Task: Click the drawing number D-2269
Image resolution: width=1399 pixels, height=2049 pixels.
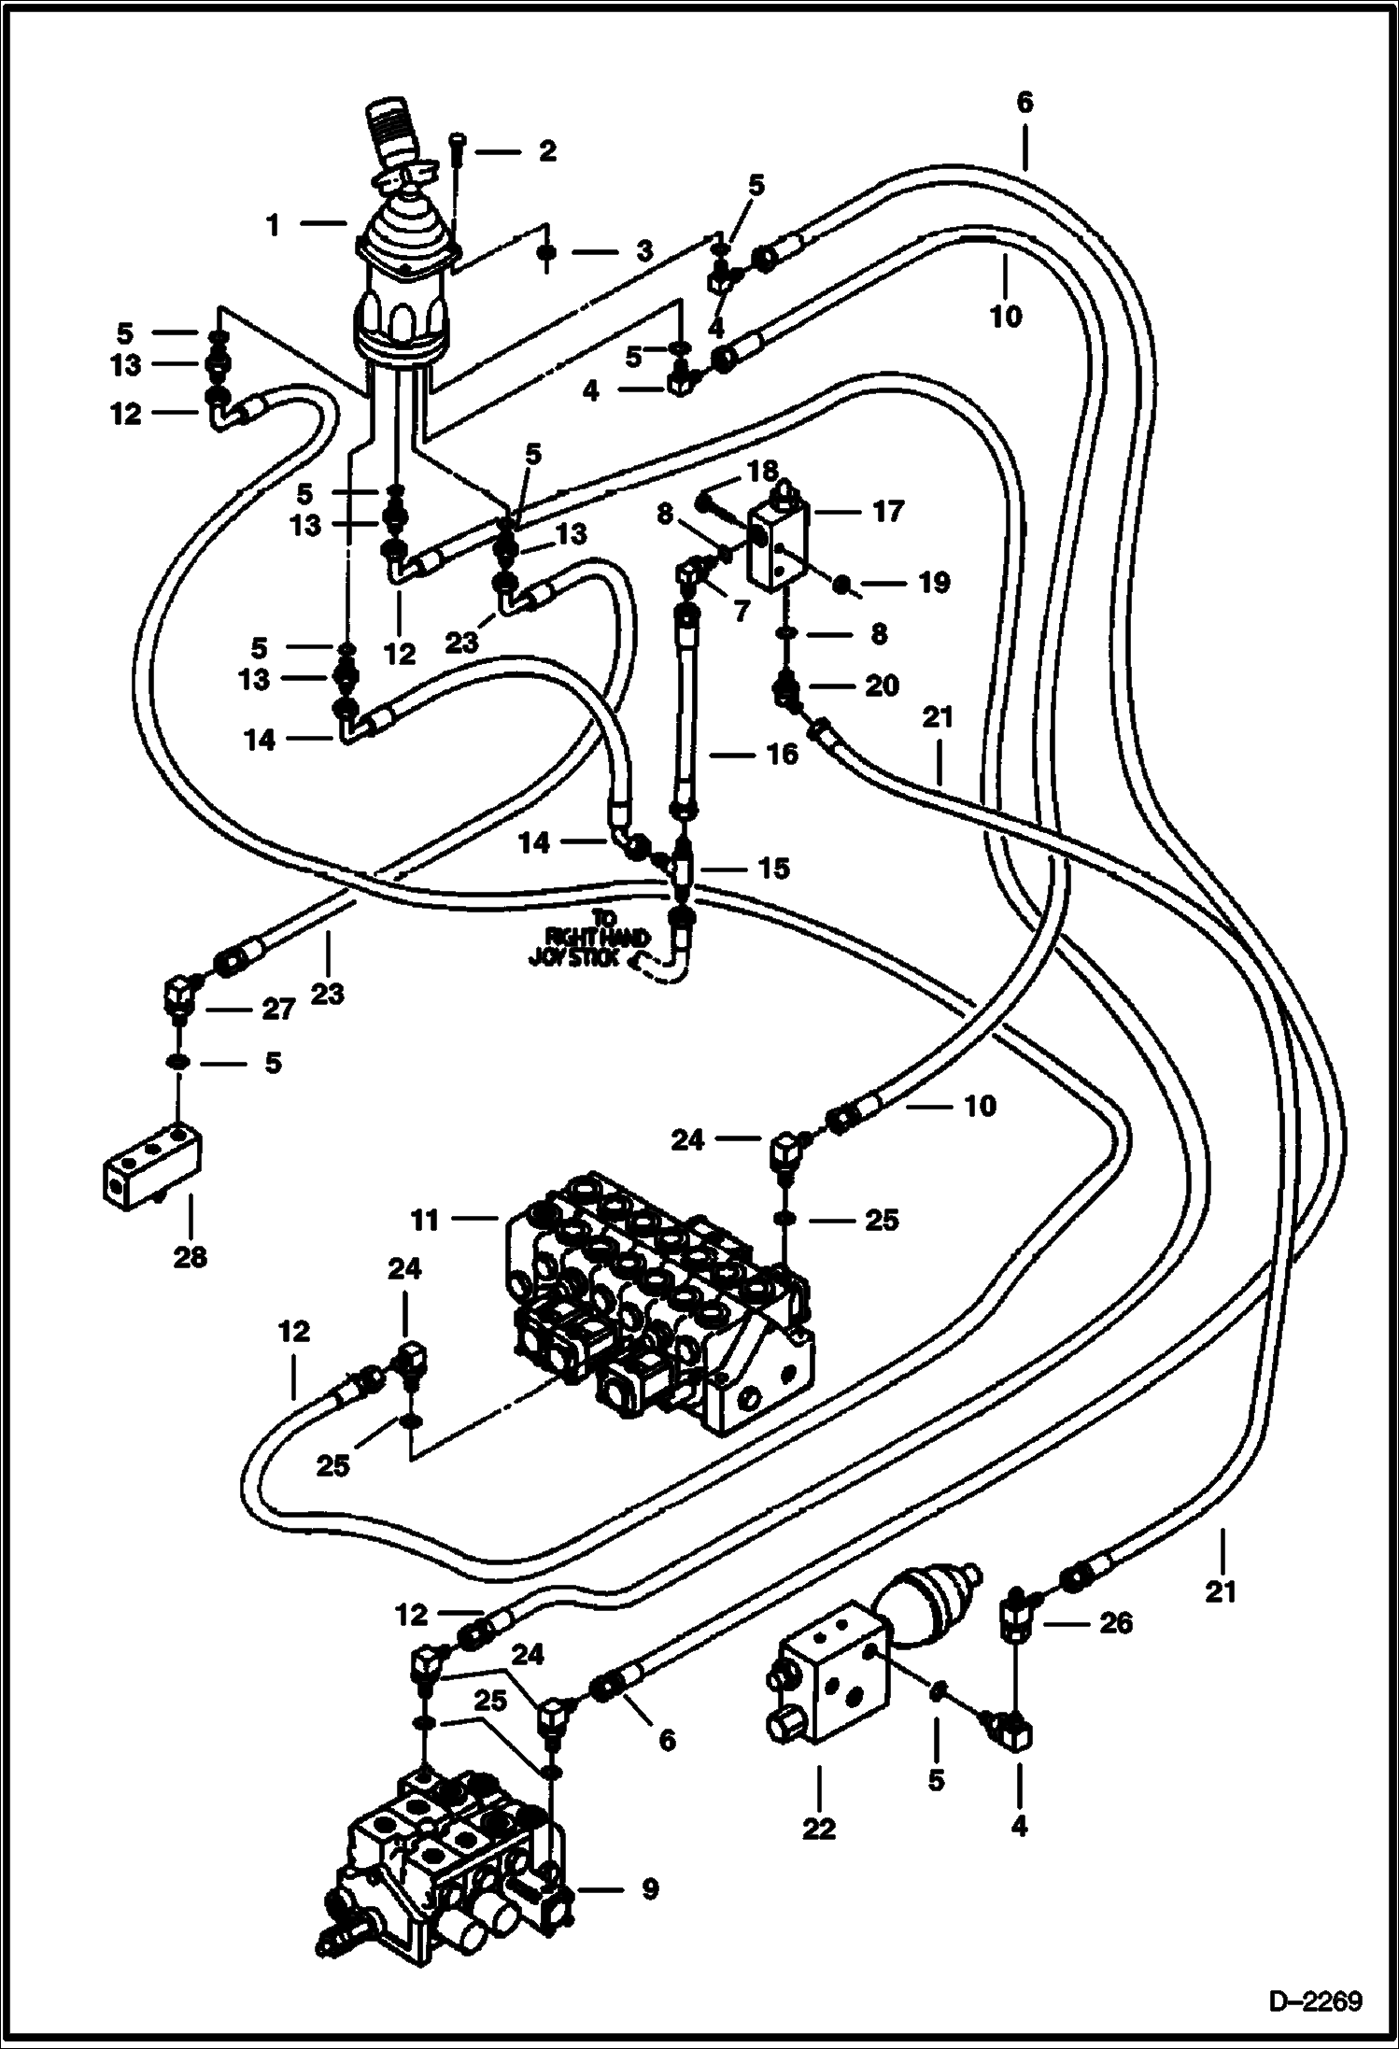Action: click(1314, 2000)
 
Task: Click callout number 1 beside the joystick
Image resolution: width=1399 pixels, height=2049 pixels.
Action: click(274, 225)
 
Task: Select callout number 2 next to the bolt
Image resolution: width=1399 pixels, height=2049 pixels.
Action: click(546, 149)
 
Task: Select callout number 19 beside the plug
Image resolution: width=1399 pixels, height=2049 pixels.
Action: click(934, 583)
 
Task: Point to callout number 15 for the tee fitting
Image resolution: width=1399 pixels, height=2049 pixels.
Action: click(774, 868)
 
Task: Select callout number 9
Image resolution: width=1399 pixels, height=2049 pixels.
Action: click(649, 1888)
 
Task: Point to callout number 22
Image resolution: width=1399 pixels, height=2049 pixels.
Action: click(819, 1828)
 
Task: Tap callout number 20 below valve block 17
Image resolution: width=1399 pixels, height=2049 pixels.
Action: click(882, 685)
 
